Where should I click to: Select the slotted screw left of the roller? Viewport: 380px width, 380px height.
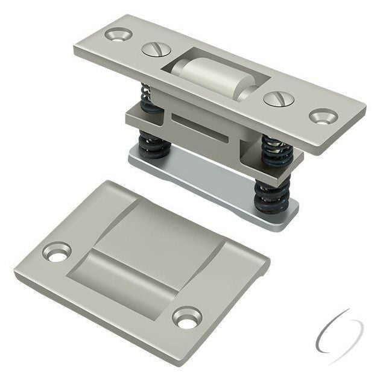[x=153, y=49]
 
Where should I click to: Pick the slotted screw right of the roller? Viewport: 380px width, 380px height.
[x=277, y=97]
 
